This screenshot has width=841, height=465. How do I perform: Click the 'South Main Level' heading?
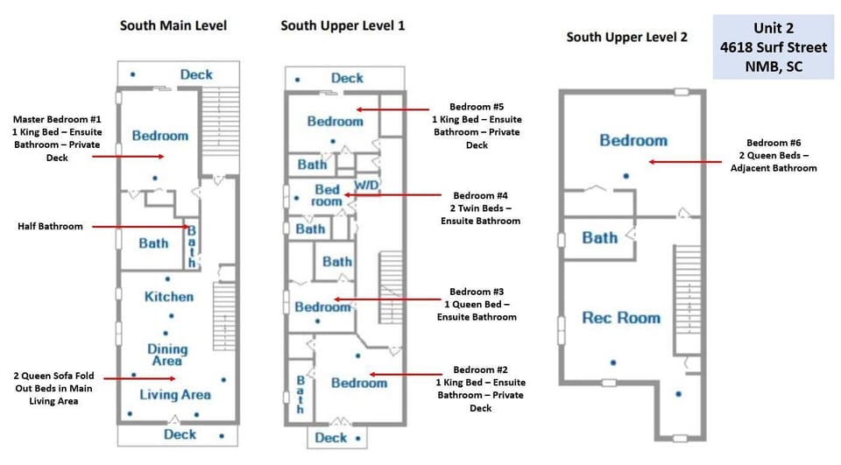point(173,25)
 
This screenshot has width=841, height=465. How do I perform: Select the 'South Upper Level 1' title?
point(343,25)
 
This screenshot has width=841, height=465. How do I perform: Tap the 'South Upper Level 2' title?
point(626,37)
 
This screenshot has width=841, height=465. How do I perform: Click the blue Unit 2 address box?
point(773,47)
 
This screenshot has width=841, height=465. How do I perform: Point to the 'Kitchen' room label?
point(169,297)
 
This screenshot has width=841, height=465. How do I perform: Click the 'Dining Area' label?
point(167,355)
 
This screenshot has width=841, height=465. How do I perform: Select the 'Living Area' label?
point(175,395)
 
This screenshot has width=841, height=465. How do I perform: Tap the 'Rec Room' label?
point(620,318)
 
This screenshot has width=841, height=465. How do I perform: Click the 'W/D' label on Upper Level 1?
point(366,186)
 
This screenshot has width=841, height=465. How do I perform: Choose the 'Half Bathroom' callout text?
point(50,226)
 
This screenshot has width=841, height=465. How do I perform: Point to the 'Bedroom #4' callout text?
point(480,208)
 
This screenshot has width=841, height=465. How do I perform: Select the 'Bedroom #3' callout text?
point(477,304)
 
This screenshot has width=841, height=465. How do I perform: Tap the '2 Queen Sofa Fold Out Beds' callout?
point(53,388)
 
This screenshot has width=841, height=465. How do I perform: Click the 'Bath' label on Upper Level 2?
point(599,238)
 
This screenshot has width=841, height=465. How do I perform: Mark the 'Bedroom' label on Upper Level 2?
point(633,140)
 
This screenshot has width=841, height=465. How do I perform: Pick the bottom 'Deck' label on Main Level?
point(180,434)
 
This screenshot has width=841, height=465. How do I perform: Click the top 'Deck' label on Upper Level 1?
point(347,78)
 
